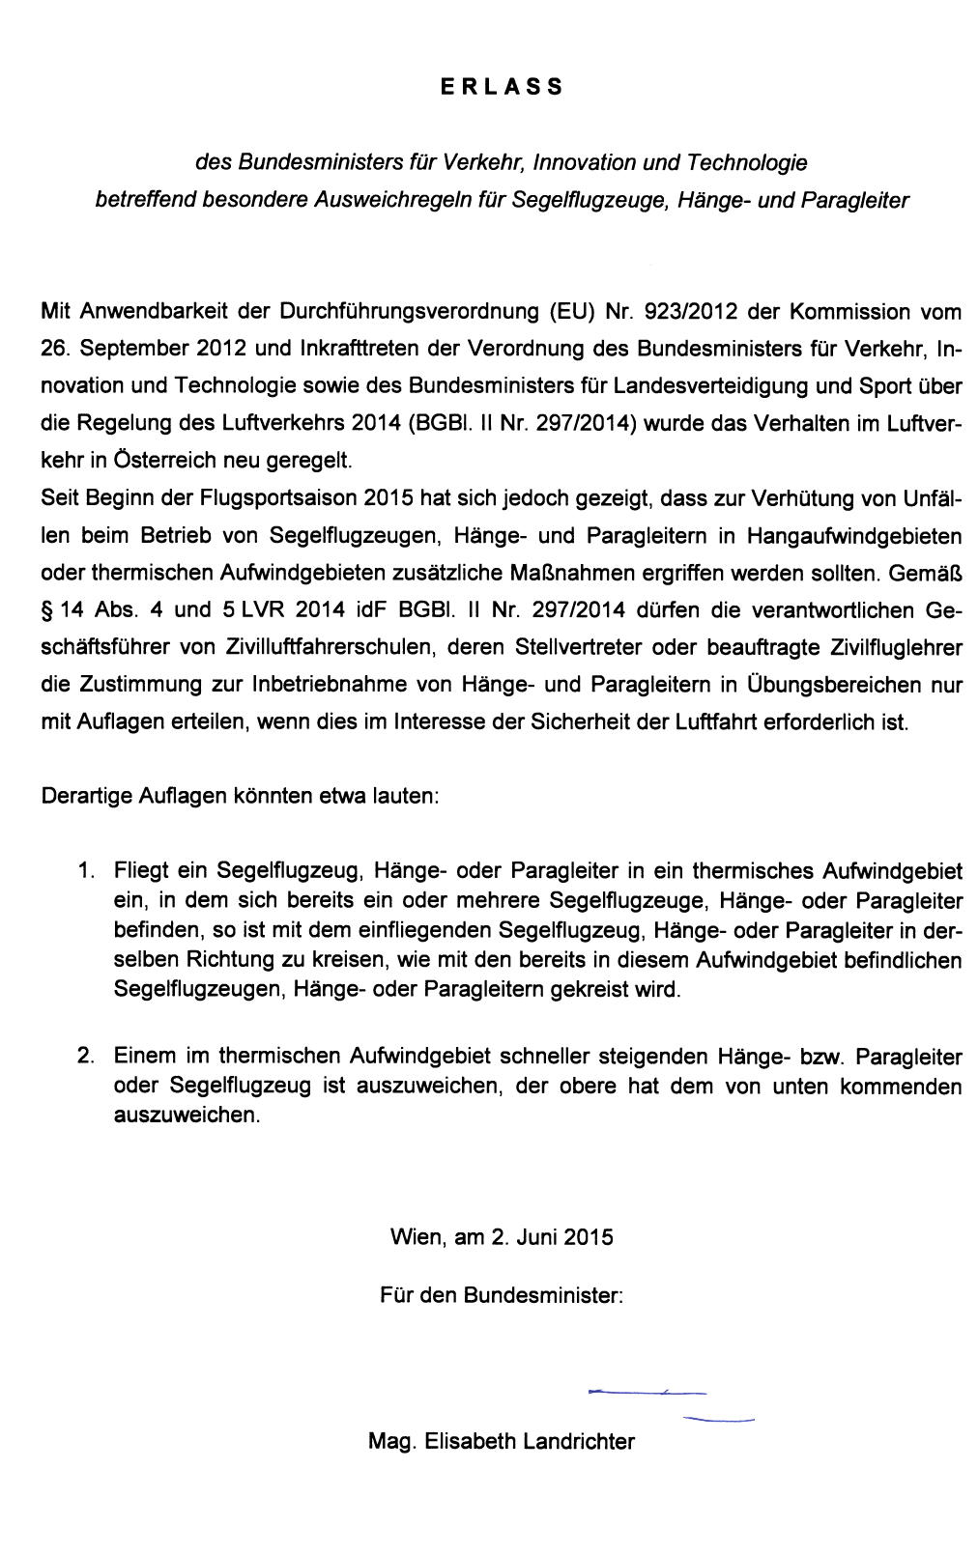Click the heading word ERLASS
tap(501, 87)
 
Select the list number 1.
tap(85, 871)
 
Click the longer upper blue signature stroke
tap(647, 1393)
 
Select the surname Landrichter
tap(578, 1442)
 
